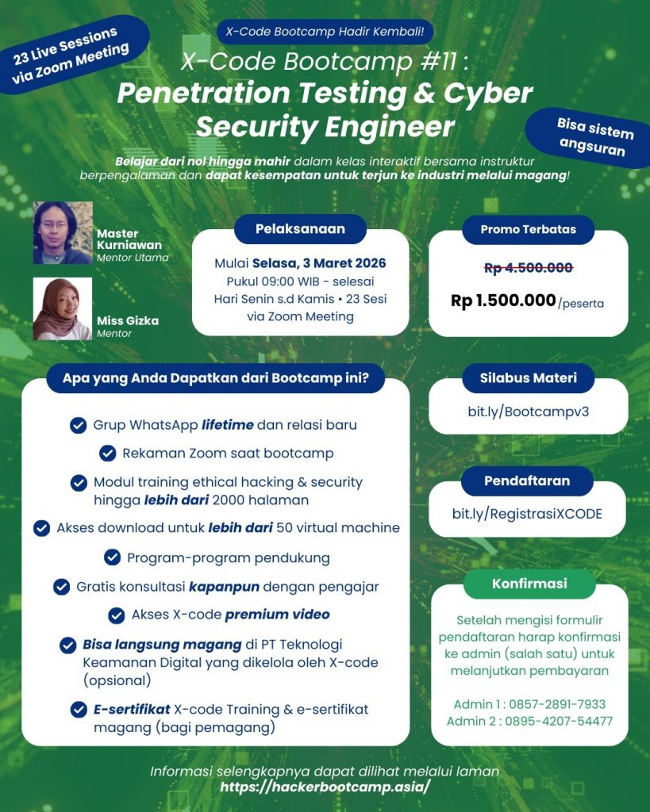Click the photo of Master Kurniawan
(x=63, y=232)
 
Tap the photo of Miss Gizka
(x=63, y=308)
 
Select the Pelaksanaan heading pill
(x=300, y=229)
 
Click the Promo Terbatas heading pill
(x=528, y=230)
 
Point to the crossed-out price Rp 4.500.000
(x=528, y=268)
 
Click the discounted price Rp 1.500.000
(x=503, y=301)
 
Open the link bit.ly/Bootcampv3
(x=528, y=412)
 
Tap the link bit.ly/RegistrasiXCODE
(x=527, y=513)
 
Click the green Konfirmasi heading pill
(x=529, y=583)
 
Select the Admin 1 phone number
(x=559, y=704)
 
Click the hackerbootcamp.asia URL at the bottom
(x=325, y=787)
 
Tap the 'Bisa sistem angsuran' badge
(x=592, y=136)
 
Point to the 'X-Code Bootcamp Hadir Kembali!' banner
(x=325, y=33)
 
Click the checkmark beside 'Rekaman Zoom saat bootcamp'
(x=108, y=454)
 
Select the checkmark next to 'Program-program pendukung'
(x=113, y=557)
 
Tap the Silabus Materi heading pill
(x=528, y=378)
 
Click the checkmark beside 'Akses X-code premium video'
(x=117, y=615)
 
